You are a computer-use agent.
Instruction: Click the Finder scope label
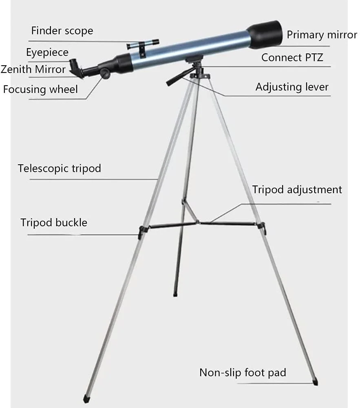pyautogui.click(x=62, y=31)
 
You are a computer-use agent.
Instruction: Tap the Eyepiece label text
pyautogui.click(x=47, y=53)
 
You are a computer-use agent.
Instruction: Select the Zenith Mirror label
pyautogui.click(x=33, y=69)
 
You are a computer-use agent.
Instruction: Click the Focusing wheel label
pyautogui.click(x=40, y=89)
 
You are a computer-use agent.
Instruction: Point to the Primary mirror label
pyautogui.click(x=322, y=35)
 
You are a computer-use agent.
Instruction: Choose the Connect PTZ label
pyautogui.click(x=292, y=57)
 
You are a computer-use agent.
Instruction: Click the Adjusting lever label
pyautogui.click(x=292, y=87)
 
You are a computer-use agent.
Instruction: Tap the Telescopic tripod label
pyautogui.click(x=60, y=168)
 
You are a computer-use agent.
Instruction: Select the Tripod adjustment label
pyautogui.click(x=297, y=190)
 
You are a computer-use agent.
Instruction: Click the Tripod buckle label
pyautogui.click(x=54, y=223)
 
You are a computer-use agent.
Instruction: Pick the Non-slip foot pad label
pyautogui.click(x=243, y=373)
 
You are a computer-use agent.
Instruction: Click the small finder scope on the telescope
pyautogui.click(x=143, y=44)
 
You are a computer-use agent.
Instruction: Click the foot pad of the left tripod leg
pyautogui.click(x=86, y=399)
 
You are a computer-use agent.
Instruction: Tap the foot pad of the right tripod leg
pyautogui.click(x=315, y=382)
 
